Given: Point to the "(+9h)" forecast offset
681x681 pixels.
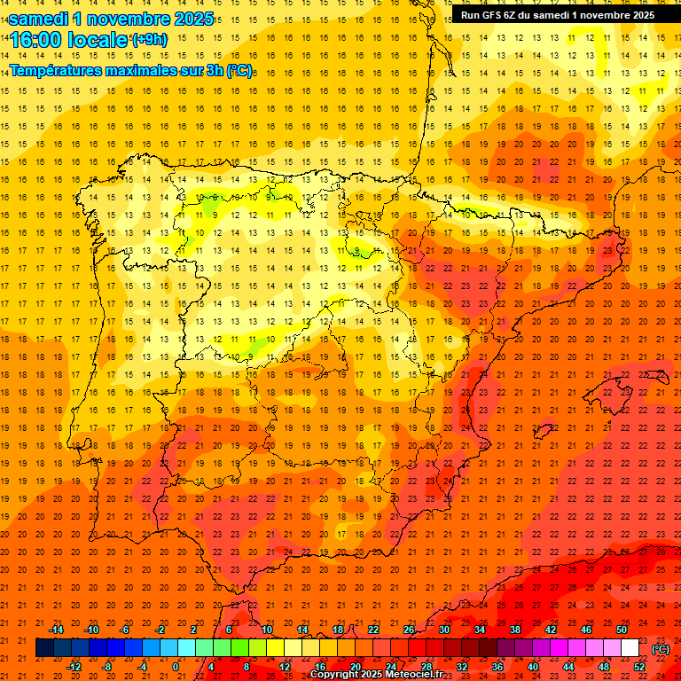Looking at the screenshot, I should click(148, 39).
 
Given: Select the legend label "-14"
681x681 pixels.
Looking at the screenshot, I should click(56, 630).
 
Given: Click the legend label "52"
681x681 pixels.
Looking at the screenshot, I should click(639, 667).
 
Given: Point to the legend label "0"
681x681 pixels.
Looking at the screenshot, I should click(176, 667).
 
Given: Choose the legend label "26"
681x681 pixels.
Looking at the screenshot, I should click(409, 630).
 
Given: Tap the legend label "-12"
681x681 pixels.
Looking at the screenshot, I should click(74, 667).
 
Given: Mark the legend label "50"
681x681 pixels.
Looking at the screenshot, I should click(622, 630).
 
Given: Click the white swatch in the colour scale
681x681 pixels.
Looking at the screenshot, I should click(630, 648).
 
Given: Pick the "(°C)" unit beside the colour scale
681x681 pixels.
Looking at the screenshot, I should click(661, 648).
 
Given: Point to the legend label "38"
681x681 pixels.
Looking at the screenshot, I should click(515, 630).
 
